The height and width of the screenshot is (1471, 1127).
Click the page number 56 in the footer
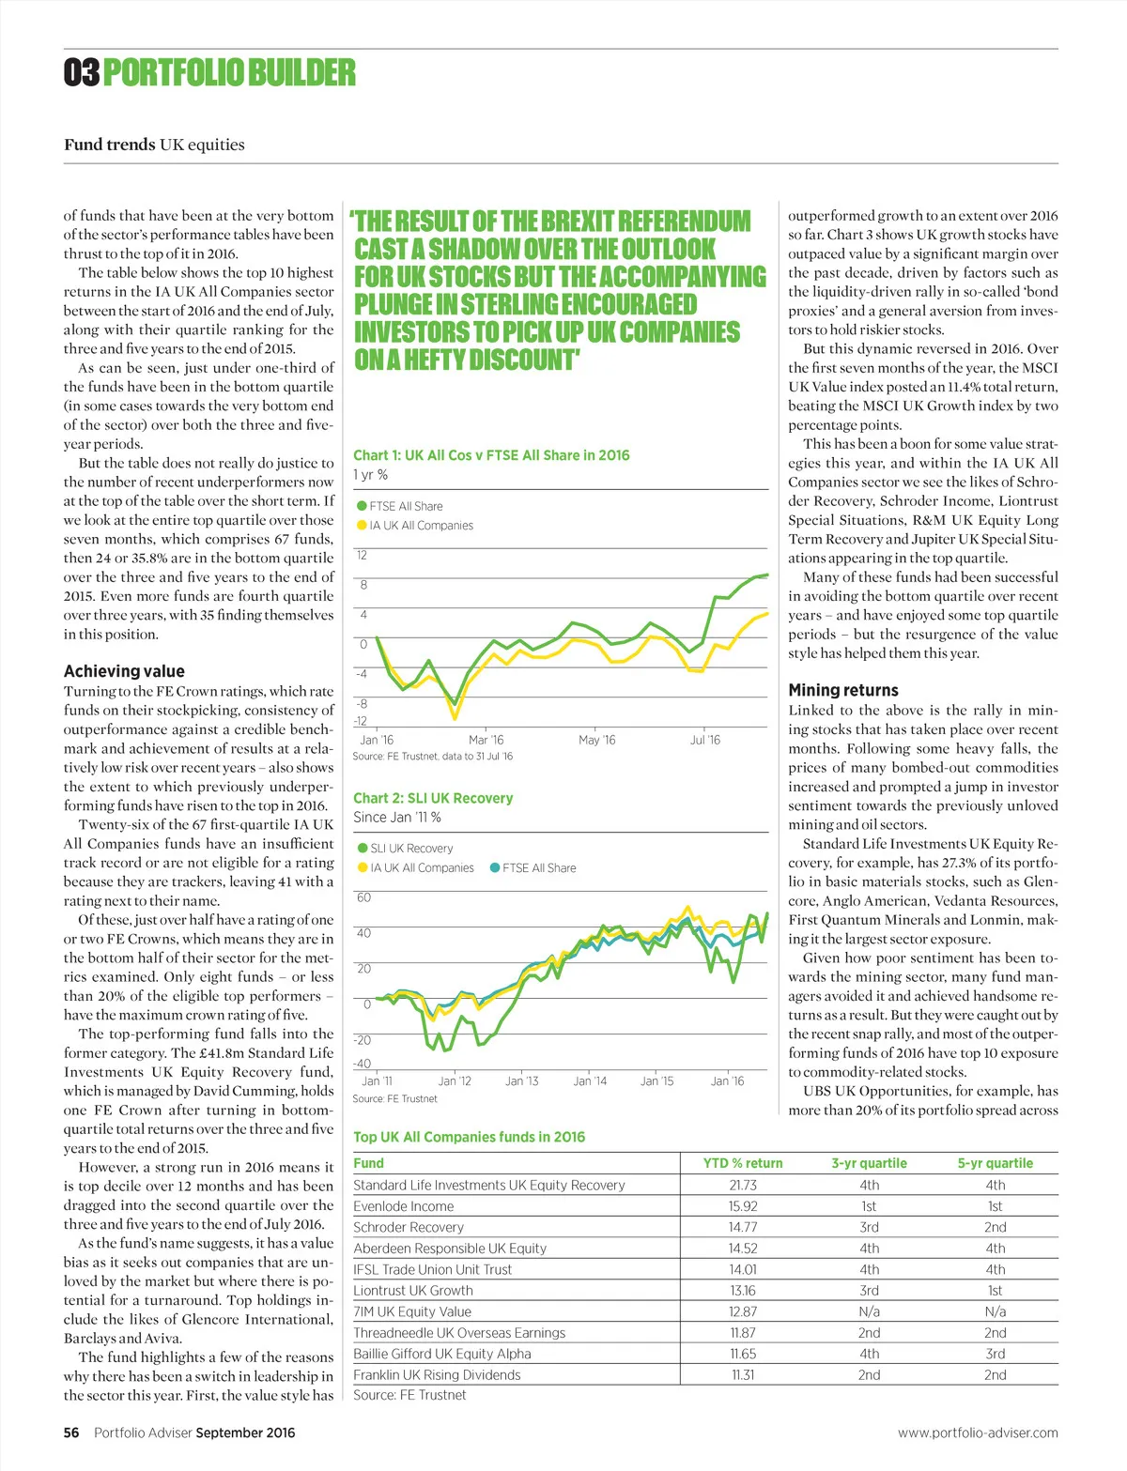(71, 1433)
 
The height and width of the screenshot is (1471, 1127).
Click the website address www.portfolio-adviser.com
(978, 1433)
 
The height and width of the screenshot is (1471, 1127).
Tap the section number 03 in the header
(82, 72)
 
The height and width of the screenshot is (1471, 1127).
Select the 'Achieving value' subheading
(124, 671)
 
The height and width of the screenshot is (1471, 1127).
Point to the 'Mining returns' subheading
(842, 690)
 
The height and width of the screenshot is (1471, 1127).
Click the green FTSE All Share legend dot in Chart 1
(362, 506)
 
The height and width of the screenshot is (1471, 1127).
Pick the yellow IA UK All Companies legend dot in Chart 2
(363, 868)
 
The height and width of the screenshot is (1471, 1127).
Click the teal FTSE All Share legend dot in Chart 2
(495, 868)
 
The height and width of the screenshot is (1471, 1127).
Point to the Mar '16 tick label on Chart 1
(486, 740)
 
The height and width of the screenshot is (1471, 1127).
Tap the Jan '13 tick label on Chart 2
(521, 1081)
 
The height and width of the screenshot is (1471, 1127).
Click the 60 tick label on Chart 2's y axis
(363, 898)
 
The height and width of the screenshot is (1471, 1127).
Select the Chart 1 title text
(491, 455)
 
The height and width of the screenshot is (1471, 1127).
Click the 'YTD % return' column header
(743, 1163)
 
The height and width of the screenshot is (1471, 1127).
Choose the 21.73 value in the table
(743, 1186)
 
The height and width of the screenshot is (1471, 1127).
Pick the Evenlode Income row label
(404, 1206)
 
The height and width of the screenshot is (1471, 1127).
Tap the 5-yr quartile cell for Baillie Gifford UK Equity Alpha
(996, 1354)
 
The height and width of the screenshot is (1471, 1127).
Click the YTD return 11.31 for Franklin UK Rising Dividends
(743, 1375)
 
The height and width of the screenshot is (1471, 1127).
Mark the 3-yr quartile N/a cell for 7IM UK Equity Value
(870, 1311)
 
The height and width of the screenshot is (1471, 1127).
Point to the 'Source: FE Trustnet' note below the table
(409, 1395)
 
